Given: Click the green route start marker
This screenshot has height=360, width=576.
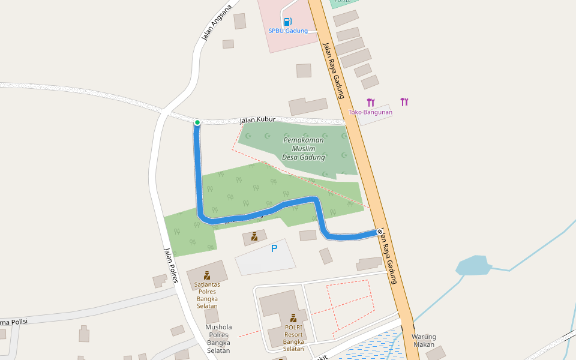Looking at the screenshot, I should (197, 122).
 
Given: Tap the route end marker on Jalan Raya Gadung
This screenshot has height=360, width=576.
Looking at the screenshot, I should (380, 232).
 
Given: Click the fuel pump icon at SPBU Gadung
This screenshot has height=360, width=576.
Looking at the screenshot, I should (287, 22).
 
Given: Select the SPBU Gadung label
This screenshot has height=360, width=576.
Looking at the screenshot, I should (288, 31).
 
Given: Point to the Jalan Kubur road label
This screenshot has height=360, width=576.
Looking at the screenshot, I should (257, 120).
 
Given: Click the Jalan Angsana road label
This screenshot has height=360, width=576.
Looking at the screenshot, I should (217, 23).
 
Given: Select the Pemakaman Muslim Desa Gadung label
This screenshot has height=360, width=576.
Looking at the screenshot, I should (304, 148).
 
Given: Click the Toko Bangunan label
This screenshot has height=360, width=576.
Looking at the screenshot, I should (370, 112).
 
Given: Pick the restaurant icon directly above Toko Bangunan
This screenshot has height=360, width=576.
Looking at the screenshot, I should (371, 103).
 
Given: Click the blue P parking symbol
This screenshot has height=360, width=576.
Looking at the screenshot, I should (274, 248).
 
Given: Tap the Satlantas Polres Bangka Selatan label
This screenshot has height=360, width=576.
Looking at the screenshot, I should (206, 295).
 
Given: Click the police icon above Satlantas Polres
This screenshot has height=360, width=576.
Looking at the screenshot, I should (207, 275).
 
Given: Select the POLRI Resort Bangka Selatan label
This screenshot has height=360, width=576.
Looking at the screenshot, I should (293, 338).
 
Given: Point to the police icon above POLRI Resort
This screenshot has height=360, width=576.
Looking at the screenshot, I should (293, 318).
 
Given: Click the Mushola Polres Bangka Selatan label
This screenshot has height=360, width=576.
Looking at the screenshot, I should (218, 339).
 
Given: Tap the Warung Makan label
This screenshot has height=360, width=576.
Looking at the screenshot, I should (424, 340).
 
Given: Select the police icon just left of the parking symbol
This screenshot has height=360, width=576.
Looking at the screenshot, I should (254, 236).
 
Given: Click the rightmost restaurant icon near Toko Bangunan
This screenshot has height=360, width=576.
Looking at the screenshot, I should (404, 102).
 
